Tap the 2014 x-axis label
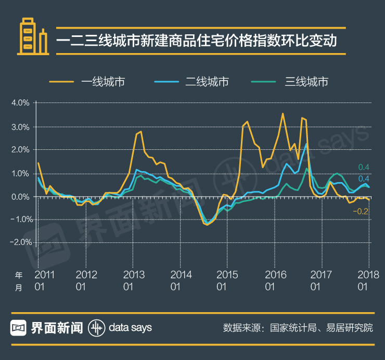(182, 275)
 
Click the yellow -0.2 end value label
(362, 211)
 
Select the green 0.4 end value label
(364, 167)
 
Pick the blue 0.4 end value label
(364, 179)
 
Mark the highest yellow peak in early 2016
(283, 113)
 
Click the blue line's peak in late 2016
(306, 144)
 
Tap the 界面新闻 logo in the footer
(46, 327)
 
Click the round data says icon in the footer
(96, 327)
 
